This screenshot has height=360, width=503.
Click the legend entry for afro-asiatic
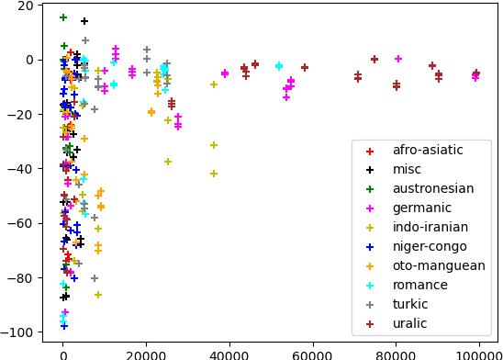427,150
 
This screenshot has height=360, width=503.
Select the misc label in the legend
408,169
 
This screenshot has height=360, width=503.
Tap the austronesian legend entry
432,188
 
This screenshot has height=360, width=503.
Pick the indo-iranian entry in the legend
430,227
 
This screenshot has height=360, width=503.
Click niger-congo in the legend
428,246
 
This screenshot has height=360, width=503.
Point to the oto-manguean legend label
438,265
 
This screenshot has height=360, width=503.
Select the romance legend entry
419,285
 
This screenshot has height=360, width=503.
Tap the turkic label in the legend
412,304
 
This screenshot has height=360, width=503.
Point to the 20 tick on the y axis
25,6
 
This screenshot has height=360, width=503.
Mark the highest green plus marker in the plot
63,17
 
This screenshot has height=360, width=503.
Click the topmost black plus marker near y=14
84,21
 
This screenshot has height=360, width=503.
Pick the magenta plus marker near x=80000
398,59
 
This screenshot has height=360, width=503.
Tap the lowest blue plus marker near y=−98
64,326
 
